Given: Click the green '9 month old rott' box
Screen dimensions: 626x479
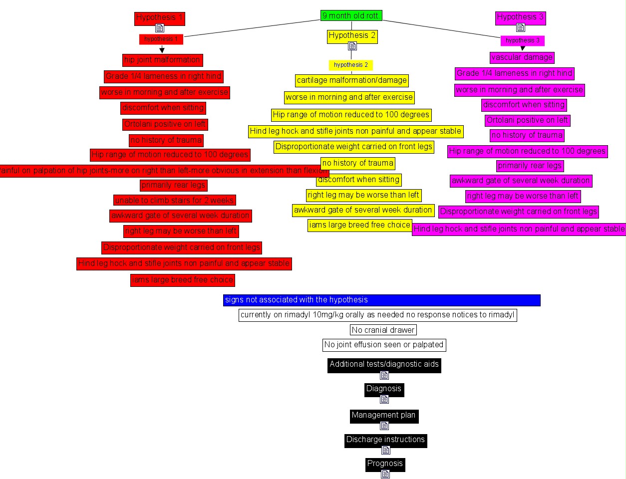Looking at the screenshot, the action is (351, 16).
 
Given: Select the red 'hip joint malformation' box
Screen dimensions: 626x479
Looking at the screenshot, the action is (162, 60).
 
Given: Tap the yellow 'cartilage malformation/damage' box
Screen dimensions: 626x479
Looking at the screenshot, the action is (351, 80).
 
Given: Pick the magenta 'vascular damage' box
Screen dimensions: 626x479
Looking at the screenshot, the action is (522, 57).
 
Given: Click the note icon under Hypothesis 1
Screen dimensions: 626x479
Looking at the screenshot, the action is (160, 28).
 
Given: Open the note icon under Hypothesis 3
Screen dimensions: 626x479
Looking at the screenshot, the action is (520, 27).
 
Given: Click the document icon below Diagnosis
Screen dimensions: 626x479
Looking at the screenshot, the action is (384, 399).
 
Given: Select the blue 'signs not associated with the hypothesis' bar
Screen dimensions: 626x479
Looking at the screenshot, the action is (381, 300).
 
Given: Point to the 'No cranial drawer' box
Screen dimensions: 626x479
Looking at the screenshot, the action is (383, 330).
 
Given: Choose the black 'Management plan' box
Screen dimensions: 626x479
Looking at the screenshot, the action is (383, 415).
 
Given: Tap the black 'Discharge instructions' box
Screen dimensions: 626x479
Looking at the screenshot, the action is (385, 440).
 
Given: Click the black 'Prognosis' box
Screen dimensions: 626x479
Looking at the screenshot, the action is (385, 464).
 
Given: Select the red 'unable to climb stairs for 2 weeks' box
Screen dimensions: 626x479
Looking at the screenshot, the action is (174, 200).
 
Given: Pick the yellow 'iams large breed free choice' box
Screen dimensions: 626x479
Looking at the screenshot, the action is (359, 225).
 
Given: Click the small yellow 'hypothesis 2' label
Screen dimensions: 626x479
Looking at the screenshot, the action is (351, 65).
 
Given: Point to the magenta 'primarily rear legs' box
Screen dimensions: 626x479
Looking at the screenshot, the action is (530, 166).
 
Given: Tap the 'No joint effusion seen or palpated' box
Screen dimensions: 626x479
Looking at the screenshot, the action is (383, 345).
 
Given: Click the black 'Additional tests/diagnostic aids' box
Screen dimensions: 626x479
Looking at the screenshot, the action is (384, 364).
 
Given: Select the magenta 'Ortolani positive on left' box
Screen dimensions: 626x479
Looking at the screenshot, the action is (527, 120).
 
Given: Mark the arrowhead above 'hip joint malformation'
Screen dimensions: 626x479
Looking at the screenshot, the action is (162, 50).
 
